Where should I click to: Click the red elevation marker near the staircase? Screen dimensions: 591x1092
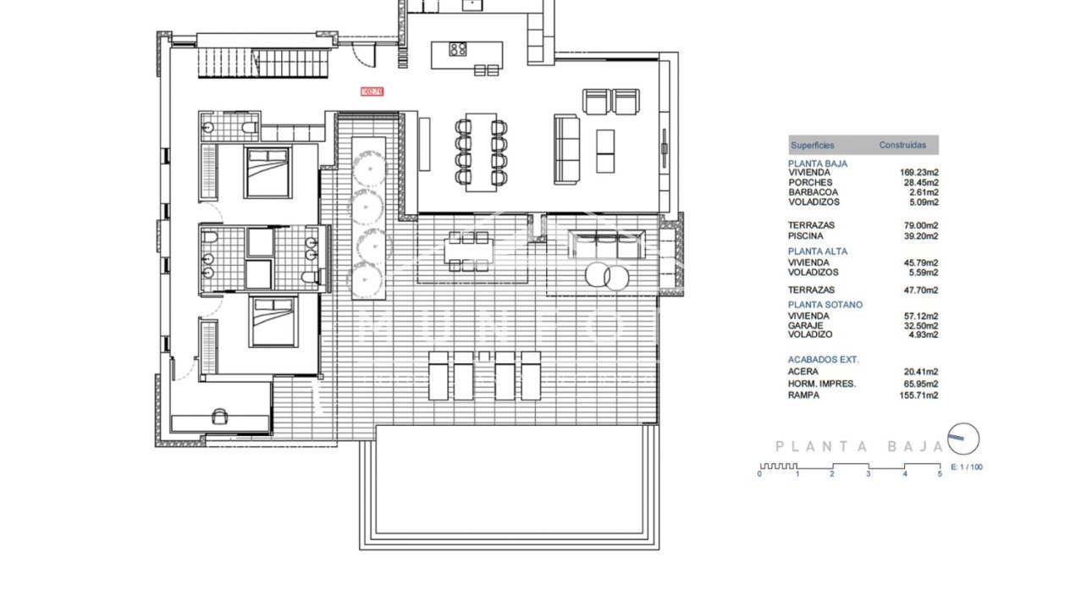[372, 91]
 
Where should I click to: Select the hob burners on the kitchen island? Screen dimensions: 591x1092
[458, 49]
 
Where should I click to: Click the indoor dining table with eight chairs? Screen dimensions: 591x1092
[481, 152]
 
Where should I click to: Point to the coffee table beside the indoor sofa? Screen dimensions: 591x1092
[606, 151]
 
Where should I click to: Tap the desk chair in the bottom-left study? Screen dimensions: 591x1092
[220, 416]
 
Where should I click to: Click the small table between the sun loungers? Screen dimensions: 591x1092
[484, 356]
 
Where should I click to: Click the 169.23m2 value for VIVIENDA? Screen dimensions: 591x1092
[918, 173]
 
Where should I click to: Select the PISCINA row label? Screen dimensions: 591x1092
[805, 236]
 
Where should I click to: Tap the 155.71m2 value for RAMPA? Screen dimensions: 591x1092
[918, 395]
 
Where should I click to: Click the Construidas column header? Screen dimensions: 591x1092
[902, 146]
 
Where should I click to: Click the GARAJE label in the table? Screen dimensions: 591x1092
[805, 325]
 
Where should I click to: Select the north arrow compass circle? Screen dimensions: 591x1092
[964, 438]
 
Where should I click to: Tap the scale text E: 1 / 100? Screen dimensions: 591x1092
[967, 467]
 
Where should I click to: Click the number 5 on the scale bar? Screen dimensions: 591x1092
[940, 475]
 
